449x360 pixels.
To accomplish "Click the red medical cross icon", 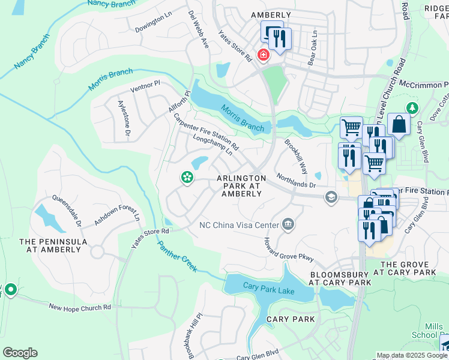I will pyautogui.click(x=263, y=55).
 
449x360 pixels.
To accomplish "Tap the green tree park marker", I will pyautogui.click(x=412, y=108).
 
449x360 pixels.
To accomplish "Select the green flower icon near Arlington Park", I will pyautogui.click(x=187, y=177).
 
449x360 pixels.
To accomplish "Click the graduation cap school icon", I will pyautogui.click(x=331, y=197).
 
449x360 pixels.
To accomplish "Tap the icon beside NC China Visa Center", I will pyautogui.click(x=288, y=224).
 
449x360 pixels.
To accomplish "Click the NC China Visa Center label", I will pyautogui.click(x=239, y=226).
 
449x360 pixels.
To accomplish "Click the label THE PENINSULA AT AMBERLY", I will pyautogui.click(x=53, y=246).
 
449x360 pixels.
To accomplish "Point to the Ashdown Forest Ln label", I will pyautogui.click(x=116, y=213).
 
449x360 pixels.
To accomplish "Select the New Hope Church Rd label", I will pyautogui.click(x=80, y=307).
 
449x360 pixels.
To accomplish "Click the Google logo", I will pyautogui.click(x=20, y=353).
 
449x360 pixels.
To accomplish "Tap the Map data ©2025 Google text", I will pyautogui.click(x=411, y=355).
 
